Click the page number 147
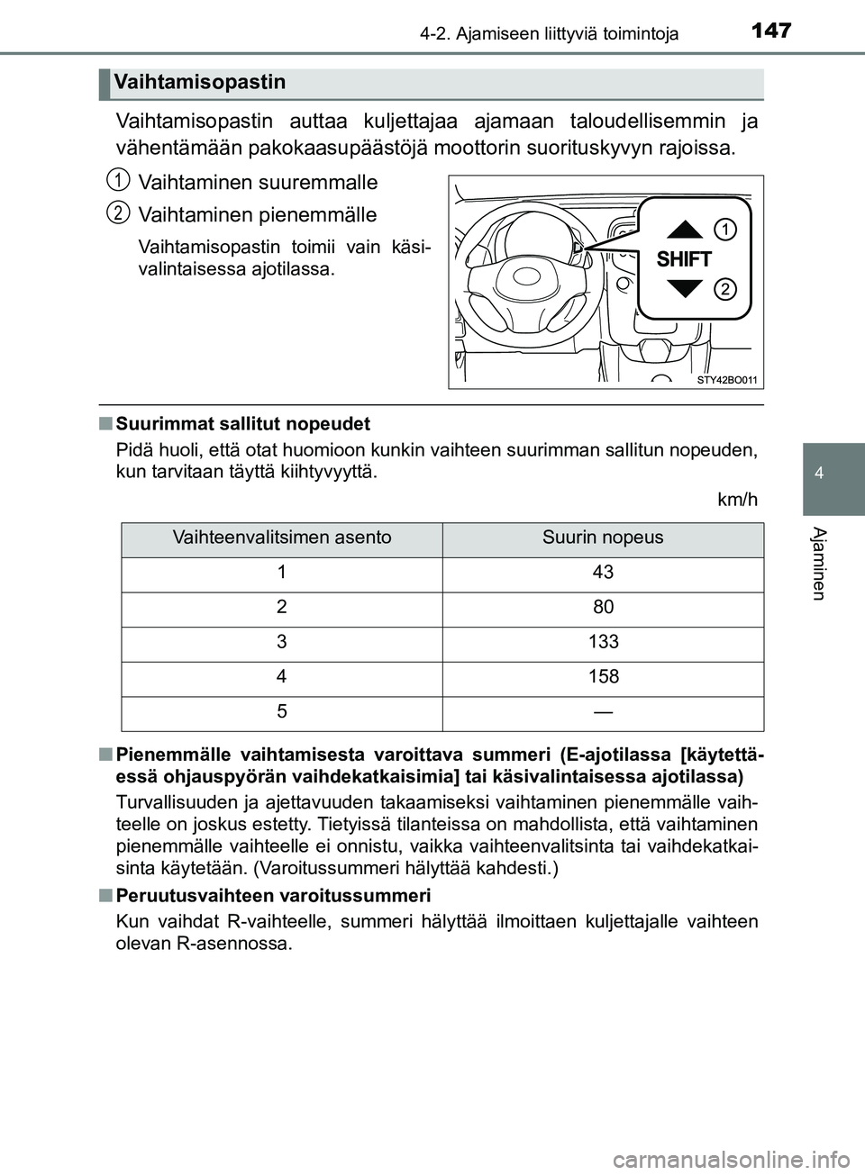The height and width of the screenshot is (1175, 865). [x=770, y=31]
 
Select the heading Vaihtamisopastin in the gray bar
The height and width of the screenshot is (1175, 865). [x=200, y=83]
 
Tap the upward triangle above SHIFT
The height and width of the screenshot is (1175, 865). [x=686, y=229]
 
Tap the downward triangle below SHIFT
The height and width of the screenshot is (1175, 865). [x=686, y=289]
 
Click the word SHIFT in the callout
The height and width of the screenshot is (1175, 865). [x=684, y=259]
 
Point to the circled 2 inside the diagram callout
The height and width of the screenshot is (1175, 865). [x=725, y=289]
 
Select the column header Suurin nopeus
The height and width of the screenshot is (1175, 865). [x=603, y=538]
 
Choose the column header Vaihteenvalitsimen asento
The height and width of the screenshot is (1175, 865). [x=282, y=538]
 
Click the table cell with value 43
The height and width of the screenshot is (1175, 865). [x=603, y=573]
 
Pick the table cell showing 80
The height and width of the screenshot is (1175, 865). [x=603, y=608]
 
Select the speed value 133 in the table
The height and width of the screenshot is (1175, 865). [x=603, y=642]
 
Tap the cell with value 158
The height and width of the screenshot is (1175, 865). [x=603, y=677]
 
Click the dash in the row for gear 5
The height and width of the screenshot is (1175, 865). [x=603, y=712]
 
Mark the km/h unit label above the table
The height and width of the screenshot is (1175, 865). [x=737, y=500]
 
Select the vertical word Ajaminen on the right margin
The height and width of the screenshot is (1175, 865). [x=819, y=563]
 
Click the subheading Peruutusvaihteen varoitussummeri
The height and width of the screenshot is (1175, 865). [x=274, y=896]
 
